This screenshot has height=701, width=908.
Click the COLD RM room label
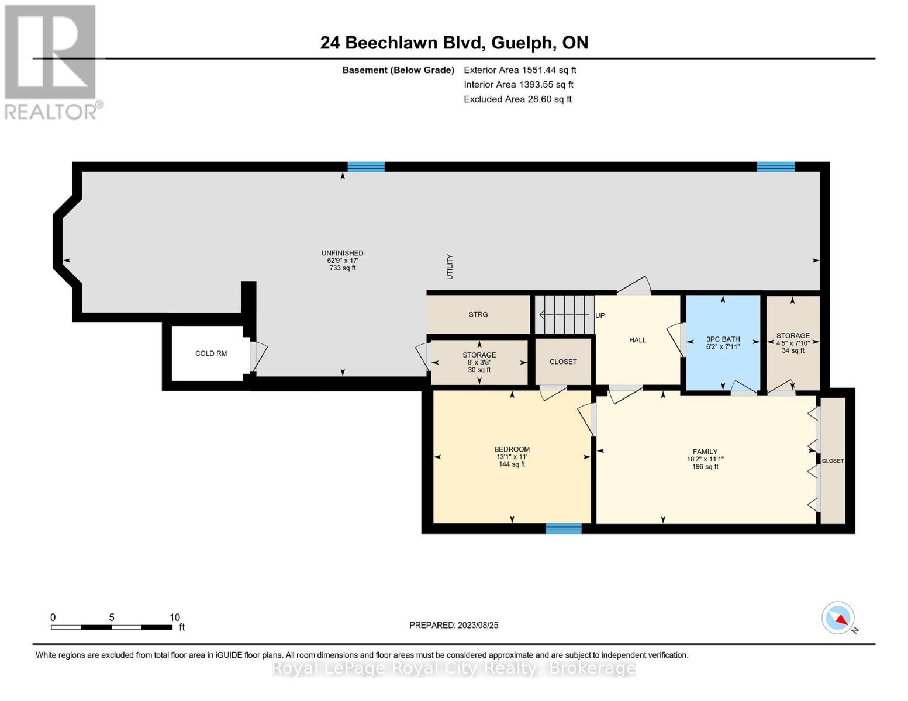pos(210,353)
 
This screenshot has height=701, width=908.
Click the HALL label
pos(637,340)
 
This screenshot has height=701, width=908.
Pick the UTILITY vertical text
pos(450,266)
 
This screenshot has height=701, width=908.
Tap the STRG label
pos(478,315)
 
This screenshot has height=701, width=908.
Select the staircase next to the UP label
pos(564,315)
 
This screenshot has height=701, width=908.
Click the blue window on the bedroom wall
pos(563,529)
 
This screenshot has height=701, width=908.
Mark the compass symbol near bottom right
pos(838,618)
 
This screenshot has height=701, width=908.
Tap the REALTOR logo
pos(51,61)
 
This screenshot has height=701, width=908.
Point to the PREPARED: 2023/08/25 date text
pos(454,625)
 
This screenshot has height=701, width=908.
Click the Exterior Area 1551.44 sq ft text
pos(520,70)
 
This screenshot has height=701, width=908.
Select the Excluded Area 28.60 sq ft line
pos(517,99)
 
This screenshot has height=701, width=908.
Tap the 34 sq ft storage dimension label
pos(793,350)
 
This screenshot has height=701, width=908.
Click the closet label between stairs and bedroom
pos(563,362)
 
